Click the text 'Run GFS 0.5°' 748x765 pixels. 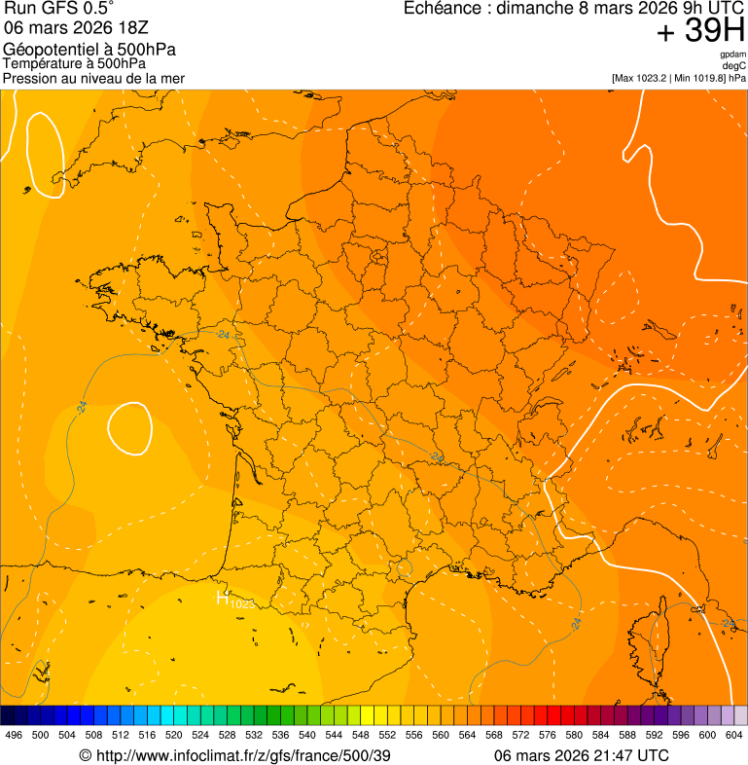[58, 9]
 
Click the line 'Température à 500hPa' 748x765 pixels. [74, 63]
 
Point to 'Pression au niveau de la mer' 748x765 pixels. [93, 78]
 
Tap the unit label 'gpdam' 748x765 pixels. [732, 55]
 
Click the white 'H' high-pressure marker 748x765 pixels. [222, 598]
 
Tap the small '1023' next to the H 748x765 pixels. [242, 604]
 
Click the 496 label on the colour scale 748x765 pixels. [14, 736]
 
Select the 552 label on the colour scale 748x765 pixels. [387, 736]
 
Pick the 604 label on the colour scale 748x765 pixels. [734, 736]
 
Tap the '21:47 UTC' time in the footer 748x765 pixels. [624, 755]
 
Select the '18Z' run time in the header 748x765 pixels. [130, 28]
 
